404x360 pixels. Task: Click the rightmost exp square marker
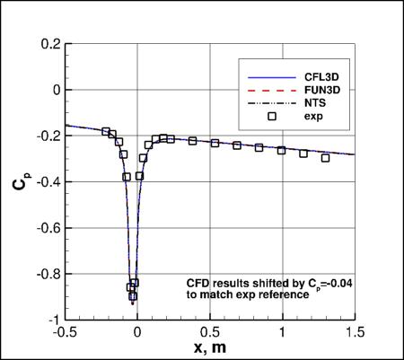click(325, 158)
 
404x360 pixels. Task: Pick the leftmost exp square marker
click(106, 132)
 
